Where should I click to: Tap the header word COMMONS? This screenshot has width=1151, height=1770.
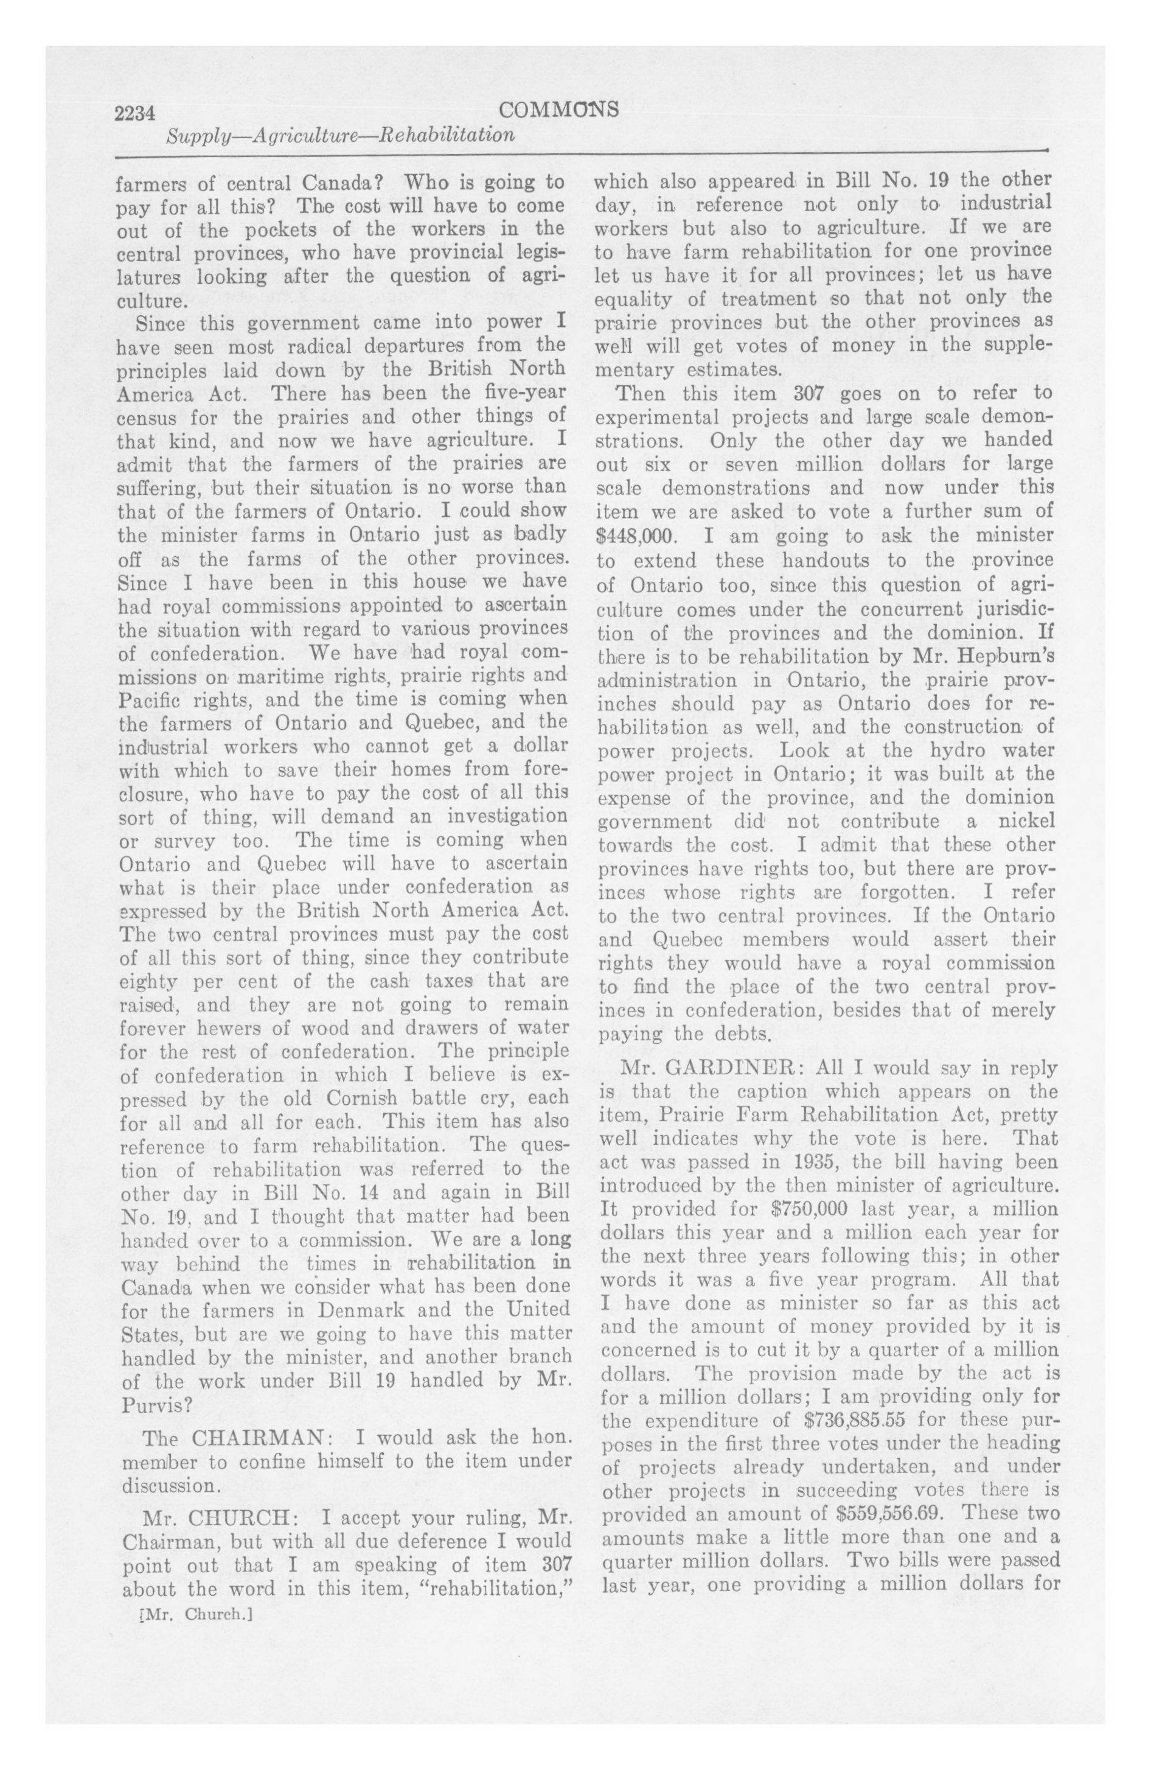click(559, 110)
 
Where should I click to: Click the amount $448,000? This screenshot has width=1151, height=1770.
click(636, 536)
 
